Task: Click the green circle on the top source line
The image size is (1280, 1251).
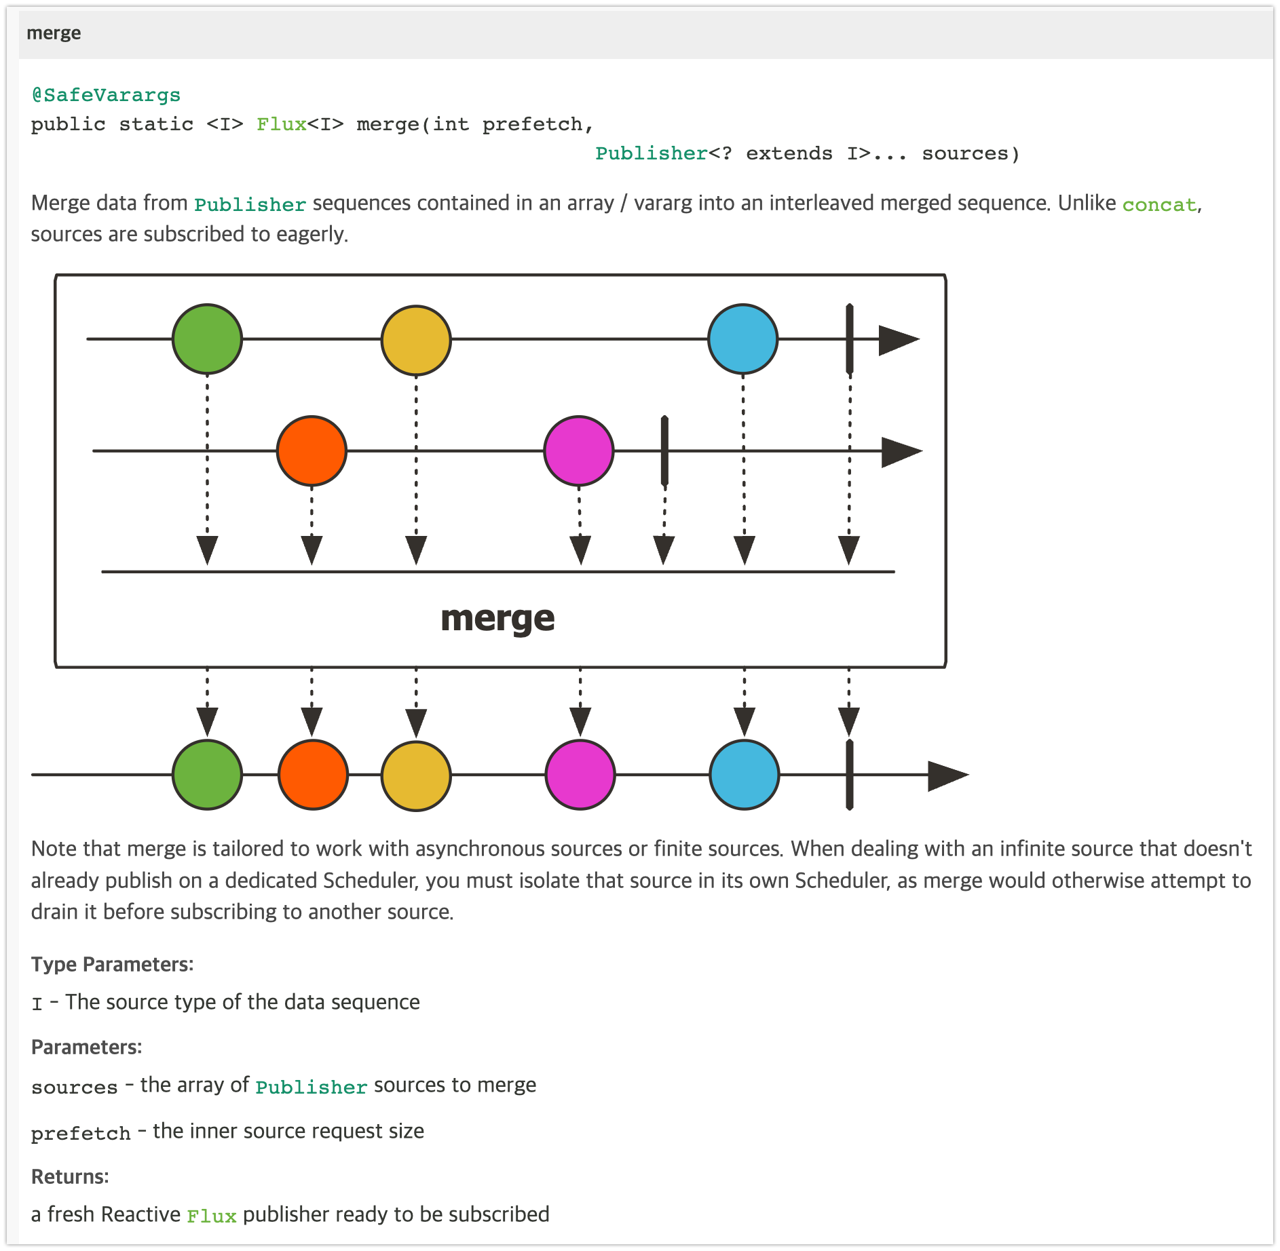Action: click(x=207, y=339)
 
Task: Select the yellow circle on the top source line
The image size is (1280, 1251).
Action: click(x=416, y=340)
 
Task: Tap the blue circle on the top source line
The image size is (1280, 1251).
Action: click(x=742, y=339)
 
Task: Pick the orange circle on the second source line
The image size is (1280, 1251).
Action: click(x=312, y=450)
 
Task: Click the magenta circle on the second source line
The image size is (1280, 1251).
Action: click(x=579, y=450)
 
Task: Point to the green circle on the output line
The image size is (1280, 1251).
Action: click(x=207, y=775)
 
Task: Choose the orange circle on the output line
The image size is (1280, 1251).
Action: click(x=313, y=775)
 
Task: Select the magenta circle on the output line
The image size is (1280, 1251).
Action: click(x=580, y=775)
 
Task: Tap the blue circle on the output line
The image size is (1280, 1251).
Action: click(x=745, y=775)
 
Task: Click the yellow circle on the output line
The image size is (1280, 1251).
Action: click(x=416, y=775)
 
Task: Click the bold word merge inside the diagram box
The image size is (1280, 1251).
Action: click(x=497, y=619)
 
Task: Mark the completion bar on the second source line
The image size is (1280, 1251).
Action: click(x=664, y=450)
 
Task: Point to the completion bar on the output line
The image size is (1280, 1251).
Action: click(x=849, y=775)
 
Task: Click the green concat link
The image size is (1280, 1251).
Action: click(x=1159, y=205)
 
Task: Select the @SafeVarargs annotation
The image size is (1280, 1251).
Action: click(x=106, y=95)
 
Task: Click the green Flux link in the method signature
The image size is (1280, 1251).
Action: click(x=281, y=124)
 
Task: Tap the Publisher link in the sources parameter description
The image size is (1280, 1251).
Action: click(x=311, y=1087)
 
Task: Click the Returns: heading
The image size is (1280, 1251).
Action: click(x=70, y=1176)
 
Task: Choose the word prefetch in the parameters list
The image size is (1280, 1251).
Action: click(x=81, y=1133)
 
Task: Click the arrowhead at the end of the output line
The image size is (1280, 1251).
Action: click(x=947, y=775)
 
